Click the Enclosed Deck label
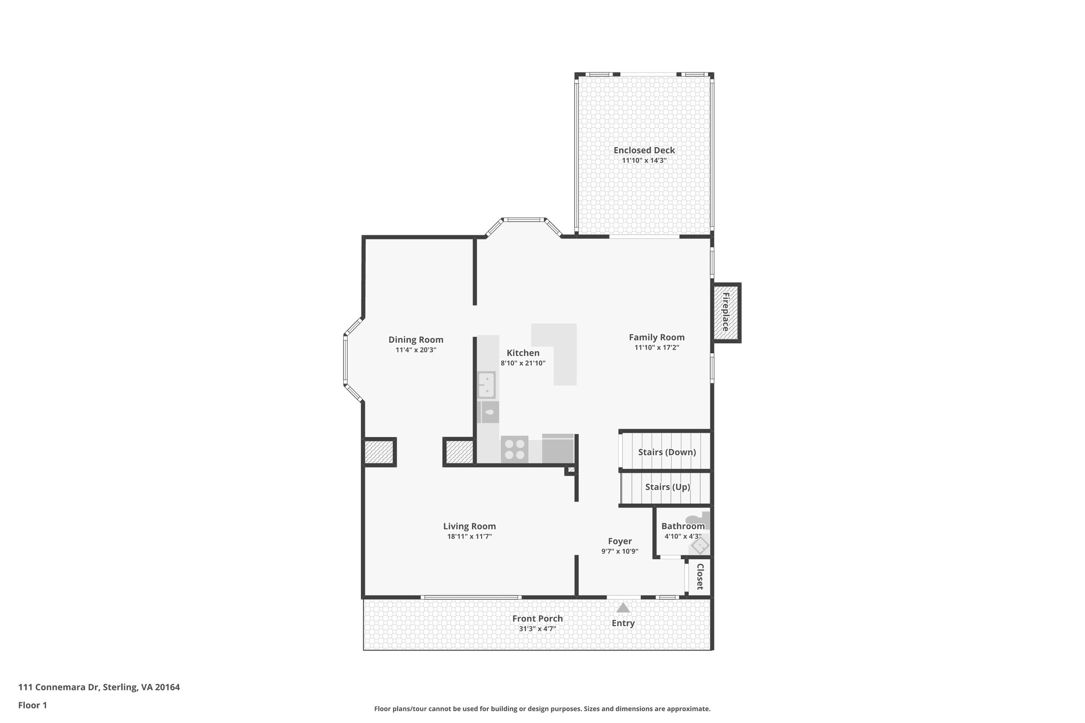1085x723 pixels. (644, 150)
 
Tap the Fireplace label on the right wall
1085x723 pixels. (725, 312)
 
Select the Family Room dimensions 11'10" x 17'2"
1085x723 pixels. (656, 347)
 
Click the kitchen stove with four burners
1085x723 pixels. (514, 449)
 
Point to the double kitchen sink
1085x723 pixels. (486, 385)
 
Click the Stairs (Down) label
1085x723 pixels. (666, 452)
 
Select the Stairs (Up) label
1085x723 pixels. (667, 487)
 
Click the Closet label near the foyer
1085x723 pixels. (699, 576)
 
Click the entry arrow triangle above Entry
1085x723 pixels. (623, 608)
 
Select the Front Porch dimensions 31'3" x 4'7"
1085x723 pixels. (537, 629)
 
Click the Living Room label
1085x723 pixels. (469, 526)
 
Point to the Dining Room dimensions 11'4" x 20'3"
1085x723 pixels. (415, 350)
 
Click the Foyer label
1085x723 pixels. (619, 541)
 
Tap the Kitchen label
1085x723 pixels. (523, 353)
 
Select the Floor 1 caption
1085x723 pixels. (33, 705)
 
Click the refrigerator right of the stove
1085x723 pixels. (558, 449)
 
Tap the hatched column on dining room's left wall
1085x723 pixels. (379, 452)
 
